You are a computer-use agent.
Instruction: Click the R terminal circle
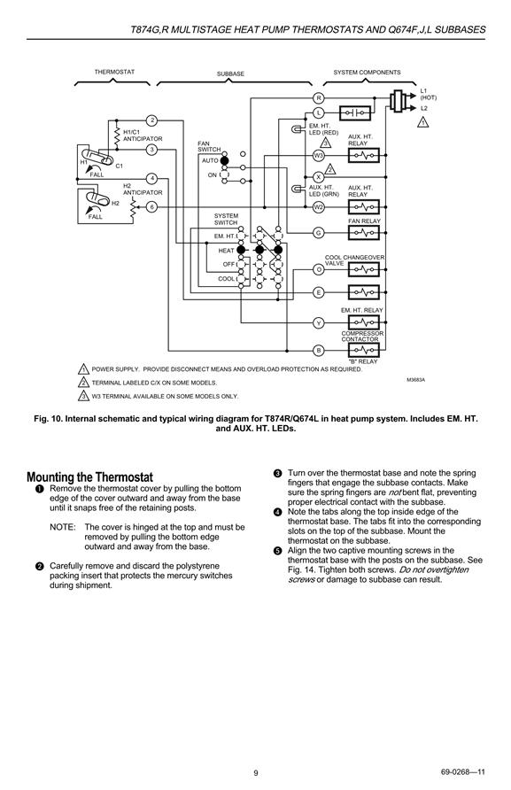point(318,97)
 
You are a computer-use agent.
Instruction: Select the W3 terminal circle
point(318,155)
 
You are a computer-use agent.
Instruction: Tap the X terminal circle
point(318,177)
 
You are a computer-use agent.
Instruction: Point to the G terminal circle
point(318,233)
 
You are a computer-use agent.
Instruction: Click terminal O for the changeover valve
point(318,269)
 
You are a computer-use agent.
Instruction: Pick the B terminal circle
point(318,350)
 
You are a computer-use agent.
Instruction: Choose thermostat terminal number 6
point(151,207)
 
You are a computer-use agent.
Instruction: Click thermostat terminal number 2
point(151,120)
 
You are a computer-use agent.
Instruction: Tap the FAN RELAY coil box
point(363,233)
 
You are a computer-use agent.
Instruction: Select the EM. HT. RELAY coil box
point(363,322)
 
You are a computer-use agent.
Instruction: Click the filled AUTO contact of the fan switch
point(224,160)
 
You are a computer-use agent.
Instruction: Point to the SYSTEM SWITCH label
point(226,219)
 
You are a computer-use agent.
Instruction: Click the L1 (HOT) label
point(429,94)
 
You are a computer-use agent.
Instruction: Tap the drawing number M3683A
point(415,380)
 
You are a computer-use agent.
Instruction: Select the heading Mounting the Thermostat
point(89,477)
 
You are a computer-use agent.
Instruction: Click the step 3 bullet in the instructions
point(277,473)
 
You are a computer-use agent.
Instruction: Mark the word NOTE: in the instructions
point(63,527)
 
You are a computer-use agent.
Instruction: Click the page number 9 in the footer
point(255,773)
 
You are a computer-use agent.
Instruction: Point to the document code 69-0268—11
point(462,772)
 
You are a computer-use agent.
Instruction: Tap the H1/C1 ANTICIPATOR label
point(143,136)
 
